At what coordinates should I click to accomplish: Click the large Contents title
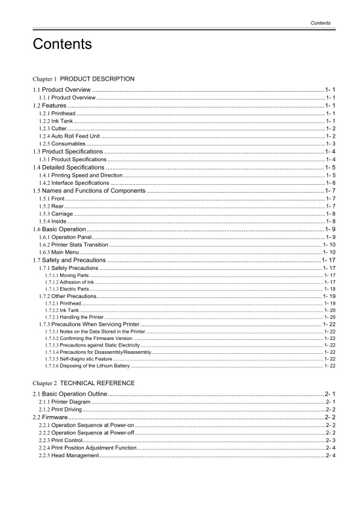(x=62, y=45)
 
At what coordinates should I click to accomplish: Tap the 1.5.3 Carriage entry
(x=56, y=214)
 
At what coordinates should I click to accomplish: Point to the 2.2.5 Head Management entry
(x=69, y=455)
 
